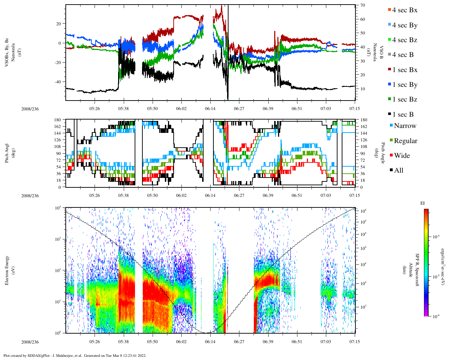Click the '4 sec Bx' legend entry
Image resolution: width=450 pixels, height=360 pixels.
pos(404,10)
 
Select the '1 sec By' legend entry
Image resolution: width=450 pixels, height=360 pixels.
pos(404,85)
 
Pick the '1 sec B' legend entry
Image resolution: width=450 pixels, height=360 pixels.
pos(403,115)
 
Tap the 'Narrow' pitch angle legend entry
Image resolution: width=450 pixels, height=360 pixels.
pos(405,126)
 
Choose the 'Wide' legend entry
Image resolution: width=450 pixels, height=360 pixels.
pos(402,156)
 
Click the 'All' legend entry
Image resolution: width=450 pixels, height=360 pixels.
pos(398,171)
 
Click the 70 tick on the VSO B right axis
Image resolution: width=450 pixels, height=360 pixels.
pos(362,6)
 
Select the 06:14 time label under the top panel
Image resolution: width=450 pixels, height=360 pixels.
pos(210,109)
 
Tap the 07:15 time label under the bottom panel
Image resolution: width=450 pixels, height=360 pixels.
pos(354,342)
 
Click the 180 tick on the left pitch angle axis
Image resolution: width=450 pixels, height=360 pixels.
pos(58,120)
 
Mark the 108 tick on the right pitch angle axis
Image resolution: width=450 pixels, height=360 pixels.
pos(364,147)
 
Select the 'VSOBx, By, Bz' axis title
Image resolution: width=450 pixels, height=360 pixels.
pos(7,53)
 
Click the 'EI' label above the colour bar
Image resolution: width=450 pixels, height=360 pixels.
pos(423,203)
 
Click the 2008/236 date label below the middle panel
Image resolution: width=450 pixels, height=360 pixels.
pos(30,196)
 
